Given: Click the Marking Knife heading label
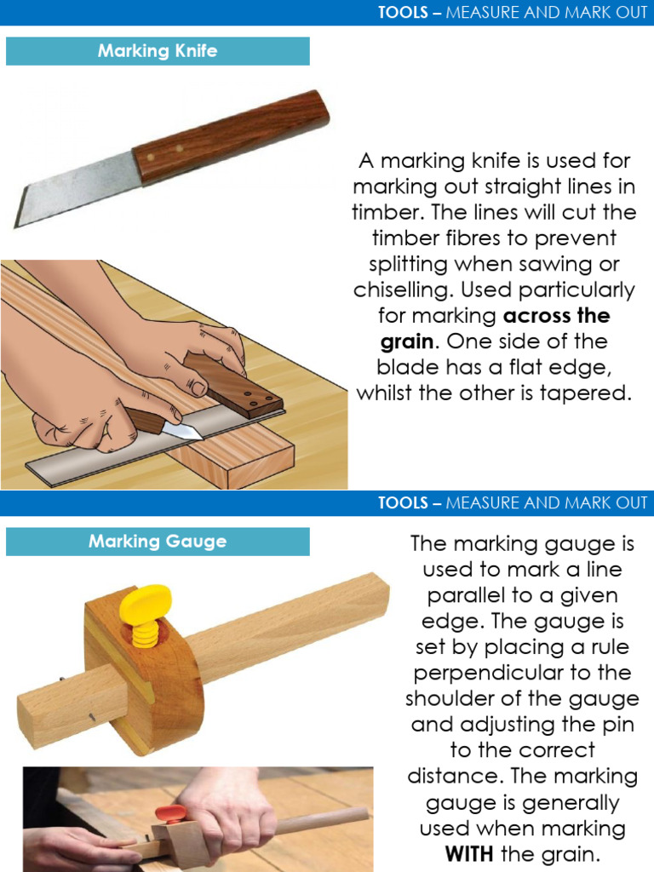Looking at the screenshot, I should (x=158, y=51).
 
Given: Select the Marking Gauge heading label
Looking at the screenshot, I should (x=158, y=542).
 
